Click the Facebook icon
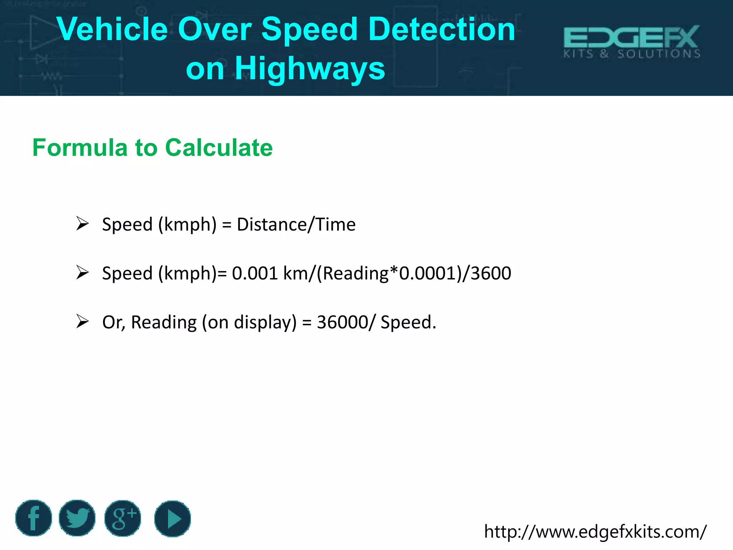(34, 518)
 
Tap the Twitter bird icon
(77, 518)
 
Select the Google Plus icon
(123, 518)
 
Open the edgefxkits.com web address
(595, 531)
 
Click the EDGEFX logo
(632, 41)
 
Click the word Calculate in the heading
(219, 148)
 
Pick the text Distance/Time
(296, 225)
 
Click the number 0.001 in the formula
(255, 273)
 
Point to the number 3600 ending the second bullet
(491, 273)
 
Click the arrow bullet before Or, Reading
(82, 321)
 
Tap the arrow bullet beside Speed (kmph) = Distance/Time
(82, 224)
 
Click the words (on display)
(249, 322)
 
